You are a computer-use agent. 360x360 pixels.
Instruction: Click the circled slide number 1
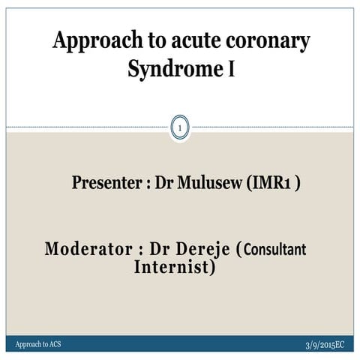pyautogui.click(x=180, y=130)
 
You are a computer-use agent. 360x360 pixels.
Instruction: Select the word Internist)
pyautogui.click(x=174, y=266)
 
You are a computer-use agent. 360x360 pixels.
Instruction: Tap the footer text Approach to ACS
pyautogui.click(x=39, y=343)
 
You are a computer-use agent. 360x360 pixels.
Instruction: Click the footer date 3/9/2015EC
pyautogui.click(x=325, y=343)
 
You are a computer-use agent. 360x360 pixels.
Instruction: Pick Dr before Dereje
pyautogui.click(x=161, y=249)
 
